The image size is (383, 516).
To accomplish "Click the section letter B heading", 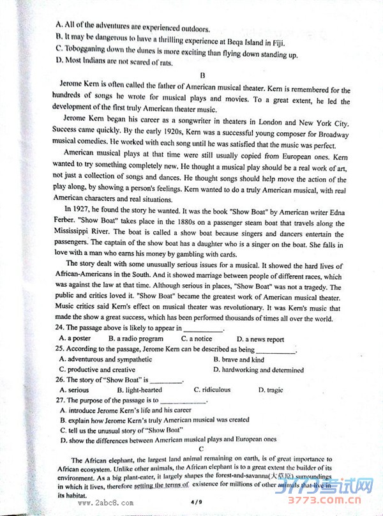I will coord(201,75).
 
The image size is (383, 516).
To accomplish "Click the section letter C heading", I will coord(200,450).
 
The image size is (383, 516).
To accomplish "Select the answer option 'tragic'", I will coord(275,390).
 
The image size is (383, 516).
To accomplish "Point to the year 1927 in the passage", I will coord(93,209).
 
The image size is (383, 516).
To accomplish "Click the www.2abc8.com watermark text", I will coord(105,503).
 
